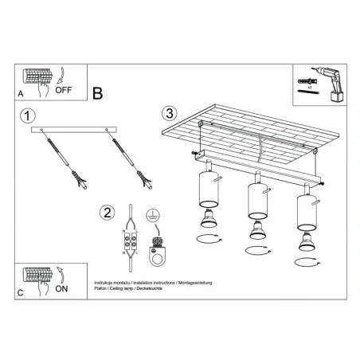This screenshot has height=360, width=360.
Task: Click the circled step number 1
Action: (28, 116)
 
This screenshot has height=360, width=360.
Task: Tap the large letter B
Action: (97, 94)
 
